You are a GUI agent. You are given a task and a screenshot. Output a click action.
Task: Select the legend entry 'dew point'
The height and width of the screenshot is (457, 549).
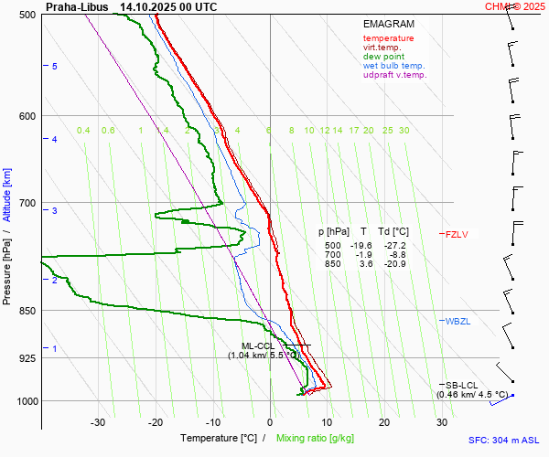click(x=383, y=57)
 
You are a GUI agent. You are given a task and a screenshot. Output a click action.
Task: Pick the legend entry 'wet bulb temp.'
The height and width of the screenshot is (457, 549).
click(x=394, y=66)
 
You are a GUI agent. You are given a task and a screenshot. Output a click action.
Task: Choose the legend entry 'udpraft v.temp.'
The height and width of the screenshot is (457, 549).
click(x=394, y=75)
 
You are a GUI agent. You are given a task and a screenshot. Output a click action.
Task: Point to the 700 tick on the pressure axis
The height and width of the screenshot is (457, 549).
click(x=26, y=202)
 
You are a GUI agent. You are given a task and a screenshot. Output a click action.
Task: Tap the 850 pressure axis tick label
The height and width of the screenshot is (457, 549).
click(x=26, y=311)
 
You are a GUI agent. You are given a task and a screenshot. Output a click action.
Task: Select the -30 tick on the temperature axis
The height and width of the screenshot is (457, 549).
click(x=98, y=422)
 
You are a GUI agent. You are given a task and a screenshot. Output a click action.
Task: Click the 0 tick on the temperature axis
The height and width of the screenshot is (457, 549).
click(x=270, y=422)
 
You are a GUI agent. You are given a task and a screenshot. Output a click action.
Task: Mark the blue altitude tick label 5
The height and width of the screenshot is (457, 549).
click(x=55, y=67)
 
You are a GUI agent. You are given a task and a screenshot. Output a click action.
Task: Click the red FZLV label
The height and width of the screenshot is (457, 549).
click(x=457, y=235)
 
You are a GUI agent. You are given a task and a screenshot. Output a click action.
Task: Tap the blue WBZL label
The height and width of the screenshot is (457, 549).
click(x=457, y=322)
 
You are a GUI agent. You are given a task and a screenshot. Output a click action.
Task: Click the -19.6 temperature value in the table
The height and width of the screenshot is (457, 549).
click(x=363, y=246)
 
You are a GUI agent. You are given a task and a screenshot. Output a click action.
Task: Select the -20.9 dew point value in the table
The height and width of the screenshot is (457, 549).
click(x=395, y=264)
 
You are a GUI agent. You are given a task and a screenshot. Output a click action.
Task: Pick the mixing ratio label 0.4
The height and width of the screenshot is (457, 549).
click(x=83, y=131)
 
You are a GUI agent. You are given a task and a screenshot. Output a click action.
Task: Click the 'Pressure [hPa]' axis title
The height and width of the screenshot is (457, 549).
click(x=7, y=266)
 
